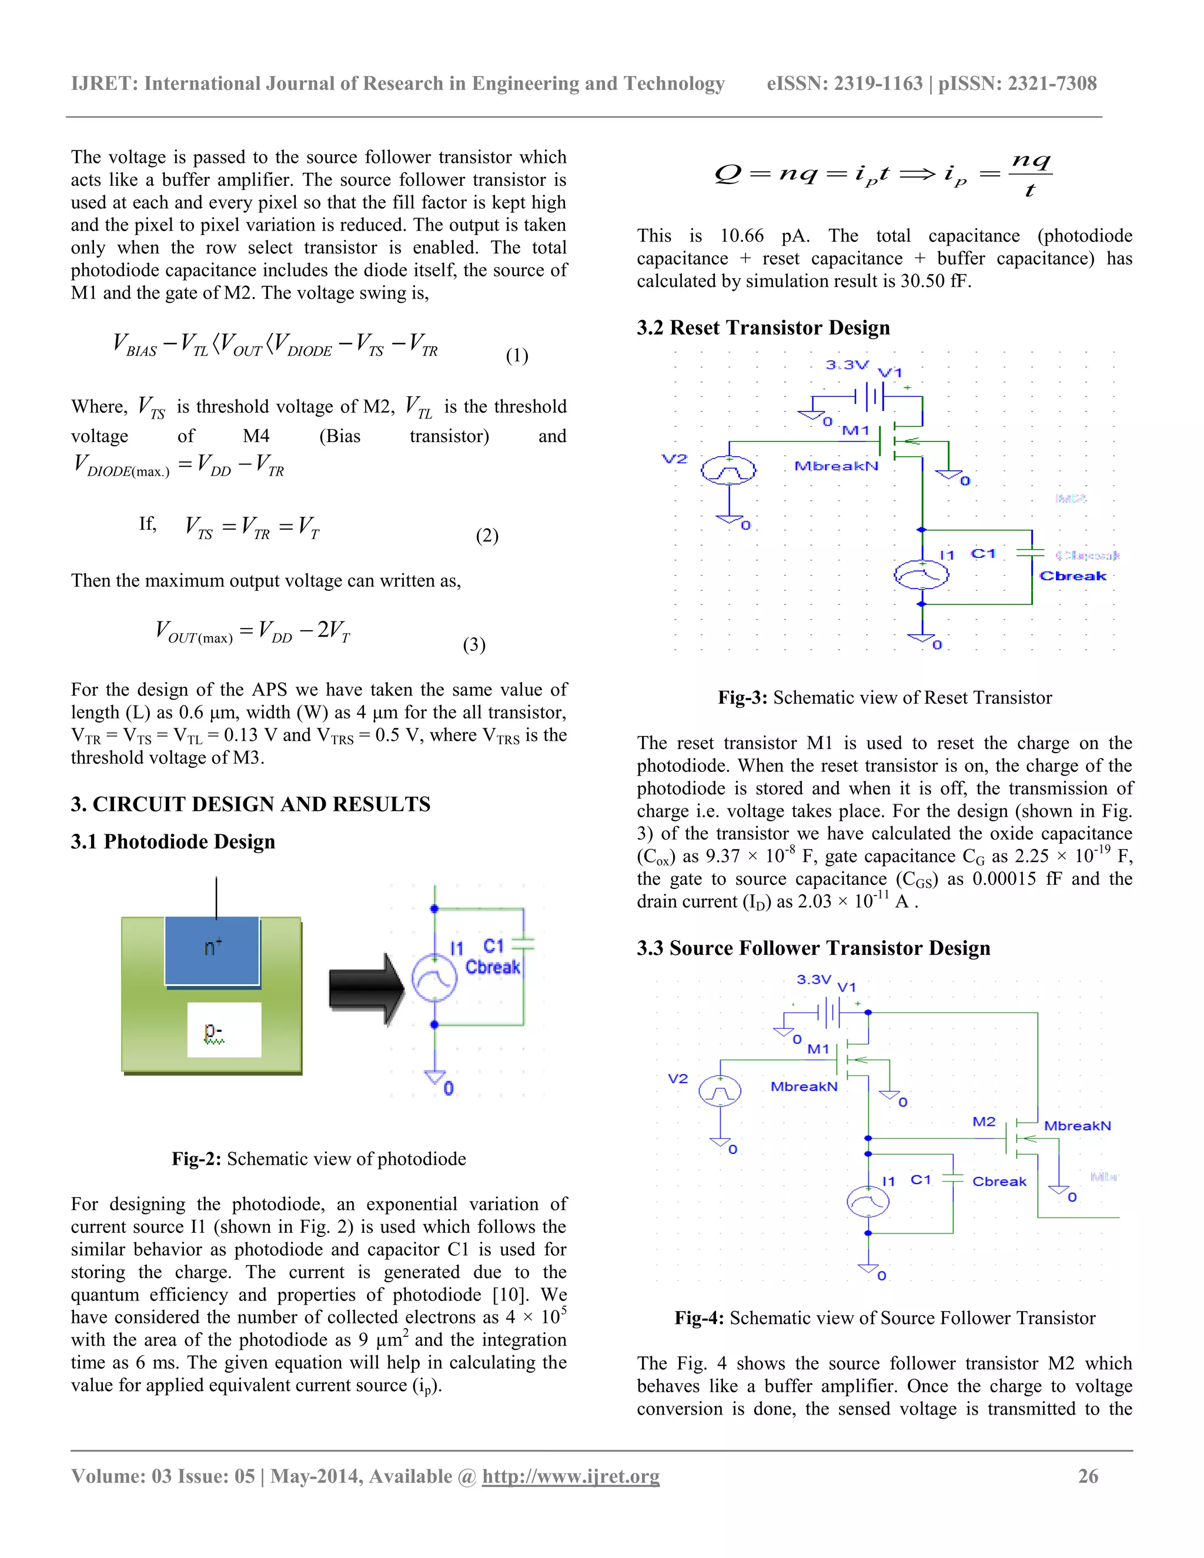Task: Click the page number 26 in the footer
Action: tap(1088, 1476)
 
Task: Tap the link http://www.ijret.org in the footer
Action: tap(571, 1476)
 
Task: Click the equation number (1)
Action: tap(516, 355)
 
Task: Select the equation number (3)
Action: tap(474, 645)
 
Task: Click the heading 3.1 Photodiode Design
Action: tap(173, 842)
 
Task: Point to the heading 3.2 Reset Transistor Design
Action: tap(763, 327)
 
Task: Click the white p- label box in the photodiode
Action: tap(224, 1029)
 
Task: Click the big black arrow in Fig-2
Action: tap(366, 989)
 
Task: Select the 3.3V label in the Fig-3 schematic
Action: tap(847, 365)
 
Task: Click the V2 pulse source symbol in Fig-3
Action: tap(728, 471)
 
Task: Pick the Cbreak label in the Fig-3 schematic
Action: tap(1072, 576)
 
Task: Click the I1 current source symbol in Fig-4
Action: tap(867, 1203)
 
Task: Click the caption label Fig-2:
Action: tap(196, 1159)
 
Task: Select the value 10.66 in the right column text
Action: tap(741, 236)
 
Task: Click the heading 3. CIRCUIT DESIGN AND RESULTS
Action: tap(250, 805)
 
